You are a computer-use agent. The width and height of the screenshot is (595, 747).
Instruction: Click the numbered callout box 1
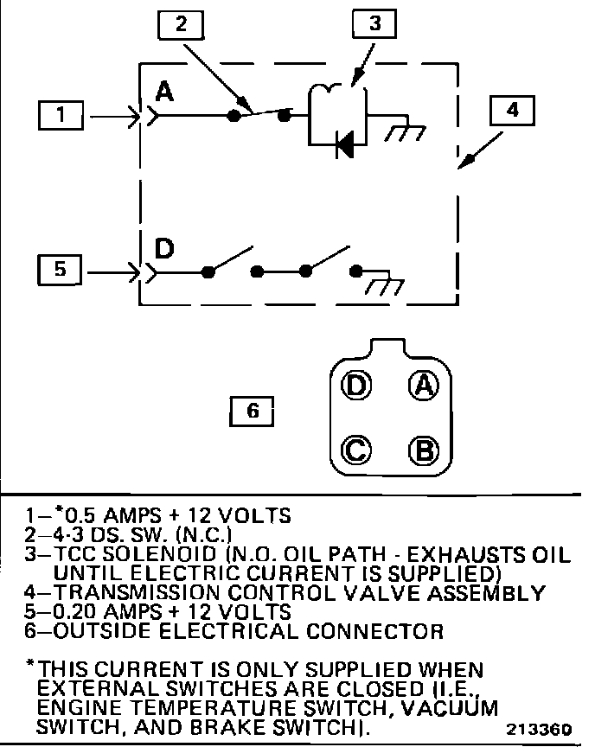click(61, 114)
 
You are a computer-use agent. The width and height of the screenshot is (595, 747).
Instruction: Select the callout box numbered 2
click(180, 26)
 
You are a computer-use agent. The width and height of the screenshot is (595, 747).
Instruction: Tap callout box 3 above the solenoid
click(374, 26)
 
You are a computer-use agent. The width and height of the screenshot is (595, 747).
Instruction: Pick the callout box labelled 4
click(512, 112)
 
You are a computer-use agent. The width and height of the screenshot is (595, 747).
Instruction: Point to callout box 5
click(60, 270)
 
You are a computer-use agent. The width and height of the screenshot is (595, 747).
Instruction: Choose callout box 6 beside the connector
click(253, 412)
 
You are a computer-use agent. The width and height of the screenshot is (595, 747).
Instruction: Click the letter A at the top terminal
click(165, 92)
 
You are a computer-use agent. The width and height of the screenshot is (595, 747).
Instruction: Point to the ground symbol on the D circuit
click(378, 286)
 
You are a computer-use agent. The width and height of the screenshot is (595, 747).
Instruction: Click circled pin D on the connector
click(355, 385)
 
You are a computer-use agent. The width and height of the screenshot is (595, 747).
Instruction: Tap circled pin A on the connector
click(423, 385)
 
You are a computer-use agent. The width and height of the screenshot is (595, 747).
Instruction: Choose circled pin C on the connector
click(355, 450)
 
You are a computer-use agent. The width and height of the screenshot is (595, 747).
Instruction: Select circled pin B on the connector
click(423, 450)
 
